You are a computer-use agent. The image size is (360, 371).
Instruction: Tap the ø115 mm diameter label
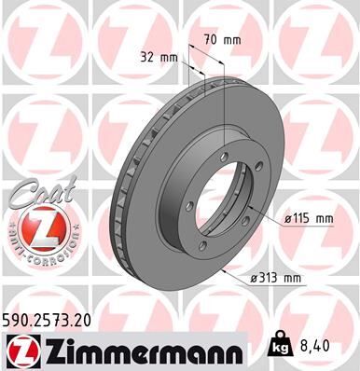pyautogui.click(x=308, y=218)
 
